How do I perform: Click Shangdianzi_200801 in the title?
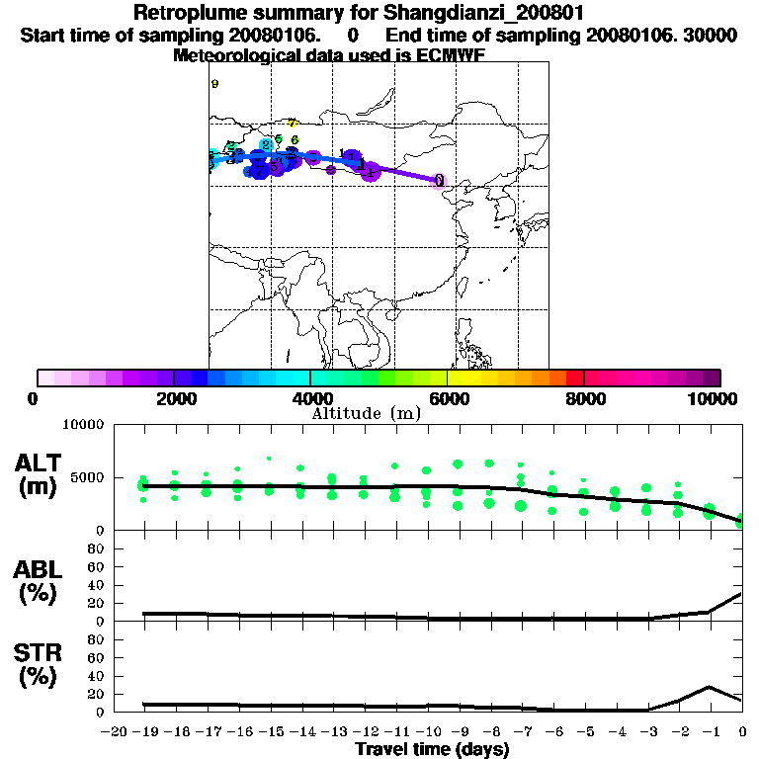[x=429, y=14]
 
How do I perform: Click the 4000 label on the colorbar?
[x=310, y=398]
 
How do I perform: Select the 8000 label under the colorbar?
[x=584, y=398]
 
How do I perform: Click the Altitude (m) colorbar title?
[x=366, y=413]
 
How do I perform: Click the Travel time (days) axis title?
[x=432, y=750]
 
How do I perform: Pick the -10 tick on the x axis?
[x=427, y=731]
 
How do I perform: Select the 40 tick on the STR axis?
[x=96, y=676]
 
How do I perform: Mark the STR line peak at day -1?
[x=709, y=687]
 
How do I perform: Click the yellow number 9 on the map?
[x=214, y=84]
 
